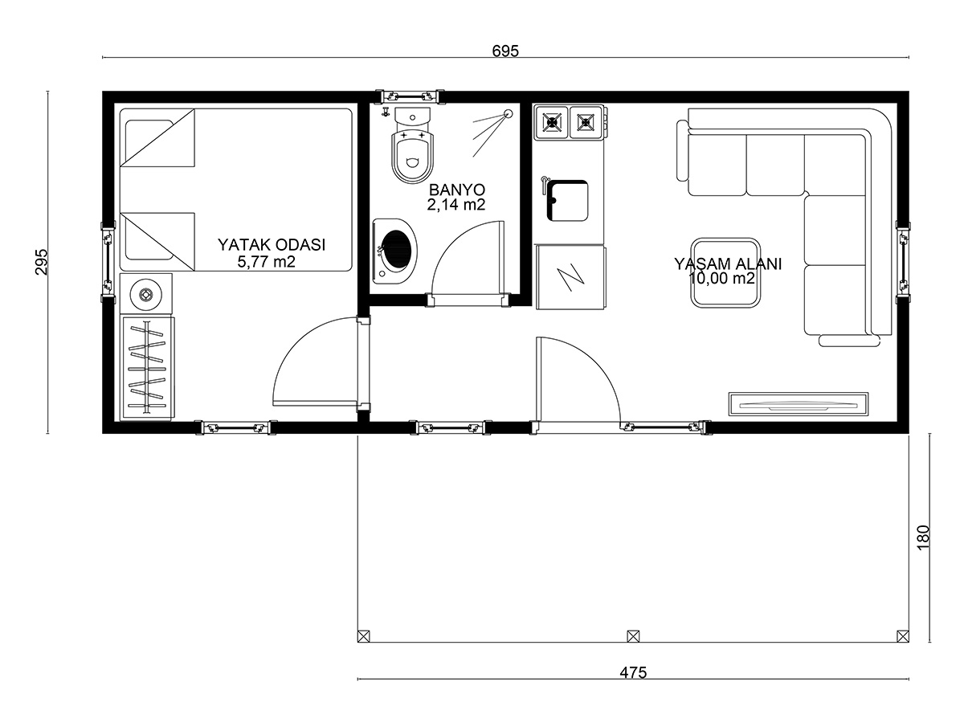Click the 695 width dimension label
(x=505, y=51)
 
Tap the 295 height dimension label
(x=41, y=262)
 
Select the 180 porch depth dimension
(x=923, y=537)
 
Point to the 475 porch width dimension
(x=633, y=672)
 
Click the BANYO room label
(x=457, y=190)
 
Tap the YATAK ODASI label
(x=272, y=244)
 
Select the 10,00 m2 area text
(x=722, y=278)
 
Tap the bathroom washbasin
(x=394, y=251)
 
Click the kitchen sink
(x=567, y=201)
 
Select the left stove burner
(x=552, y=122)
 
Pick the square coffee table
(x=725, y=272)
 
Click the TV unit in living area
(x=799, y=404)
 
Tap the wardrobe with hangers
(x=148, y=368)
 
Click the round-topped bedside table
(x=146, y=293)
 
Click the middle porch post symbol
(x=633, y=636)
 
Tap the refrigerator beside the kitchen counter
(x=571, y=277)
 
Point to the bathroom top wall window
(x=410, y=96)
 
